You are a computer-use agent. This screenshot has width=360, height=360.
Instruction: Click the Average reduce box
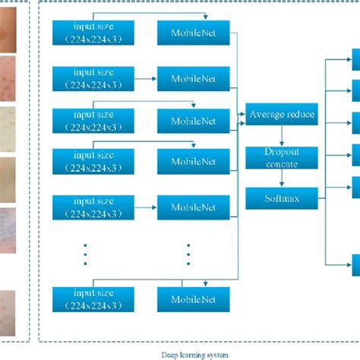(x=281, y=115)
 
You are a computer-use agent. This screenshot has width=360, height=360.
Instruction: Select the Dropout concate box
(x=281, y=158)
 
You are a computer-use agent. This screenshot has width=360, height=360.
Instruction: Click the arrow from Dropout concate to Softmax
(x=281, y=179)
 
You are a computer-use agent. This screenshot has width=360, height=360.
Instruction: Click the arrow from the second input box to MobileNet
(x=145, y=77)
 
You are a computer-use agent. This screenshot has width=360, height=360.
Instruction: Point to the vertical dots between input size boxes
(x=86, y=254)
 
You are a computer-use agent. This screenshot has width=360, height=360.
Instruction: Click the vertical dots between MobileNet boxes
(x=188, y=254)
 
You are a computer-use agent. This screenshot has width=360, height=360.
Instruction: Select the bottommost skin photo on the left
(x=8, y=307)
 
